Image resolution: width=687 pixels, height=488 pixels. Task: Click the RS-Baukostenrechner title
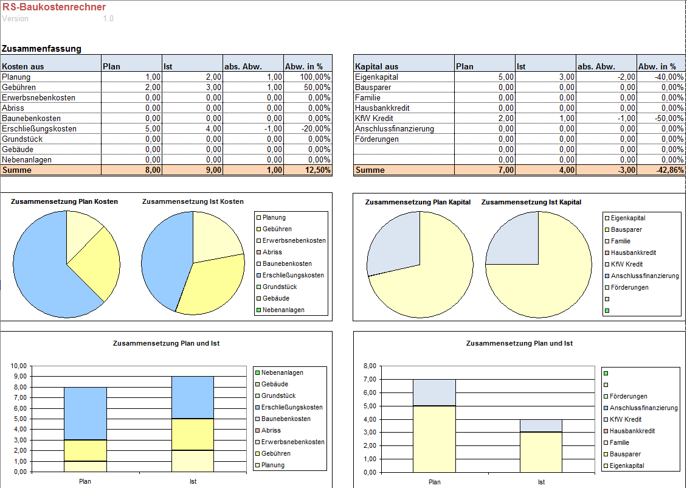54,7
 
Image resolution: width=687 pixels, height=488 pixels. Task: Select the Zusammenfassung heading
41,49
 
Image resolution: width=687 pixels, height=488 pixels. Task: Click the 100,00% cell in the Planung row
316,77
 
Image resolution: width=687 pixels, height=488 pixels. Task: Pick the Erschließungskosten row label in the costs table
40,128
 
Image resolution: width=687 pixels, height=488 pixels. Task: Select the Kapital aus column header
377,66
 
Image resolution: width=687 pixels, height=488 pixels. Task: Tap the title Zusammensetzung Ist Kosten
193,201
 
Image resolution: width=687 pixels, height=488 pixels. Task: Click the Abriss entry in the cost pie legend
272,252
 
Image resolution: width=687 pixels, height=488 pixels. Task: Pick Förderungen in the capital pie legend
629,287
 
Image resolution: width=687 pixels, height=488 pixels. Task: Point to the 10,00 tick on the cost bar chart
19,366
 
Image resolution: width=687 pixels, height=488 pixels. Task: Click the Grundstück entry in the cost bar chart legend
280,396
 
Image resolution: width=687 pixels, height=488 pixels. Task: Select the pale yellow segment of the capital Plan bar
434,438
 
